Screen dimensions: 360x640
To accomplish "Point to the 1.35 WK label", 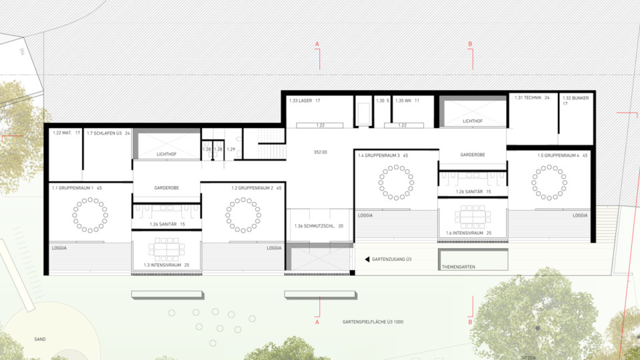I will point(407,101).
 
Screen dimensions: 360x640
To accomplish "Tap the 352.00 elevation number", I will point(320,152).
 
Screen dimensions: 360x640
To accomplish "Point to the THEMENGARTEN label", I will point(458,267).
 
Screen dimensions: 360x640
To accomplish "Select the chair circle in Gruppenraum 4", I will point(550,182).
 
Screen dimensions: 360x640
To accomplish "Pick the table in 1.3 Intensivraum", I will point(167,250).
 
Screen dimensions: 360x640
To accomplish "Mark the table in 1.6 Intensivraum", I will point(473,217).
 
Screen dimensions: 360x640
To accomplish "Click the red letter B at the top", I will point(471,44).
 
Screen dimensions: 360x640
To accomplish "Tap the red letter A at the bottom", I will point(317,322).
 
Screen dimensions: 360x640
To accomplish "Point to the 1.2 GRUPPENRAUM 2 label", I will point(257,189).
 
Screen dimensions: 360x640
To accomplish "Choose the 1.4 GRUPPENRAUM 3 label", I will point(383,155).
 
